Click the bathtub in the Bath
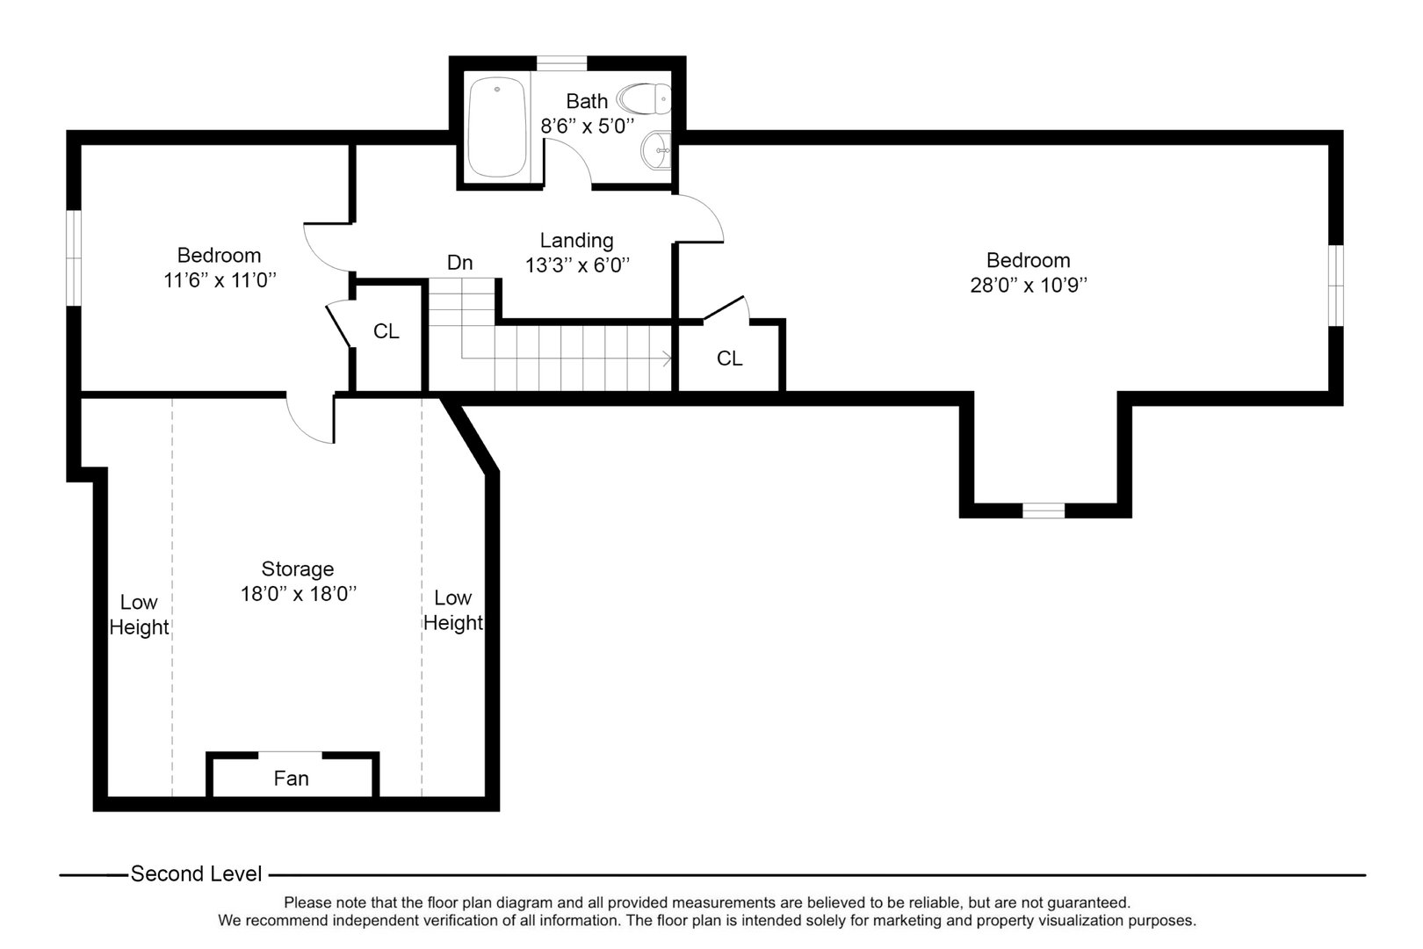coord(497,127)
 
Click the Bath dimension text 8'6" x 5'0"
coord(587,126)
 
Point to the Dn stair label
coord(459,263)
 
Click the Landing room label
coord(576,240)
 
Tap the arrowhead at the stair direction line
coord(668,358)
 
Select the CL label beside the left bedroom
coord(386,331)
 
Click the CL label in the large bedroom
coord(729,359)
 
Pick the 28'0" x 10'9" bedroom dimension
coord(1028,285)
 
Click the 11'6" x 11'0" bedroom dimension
coord(219,280)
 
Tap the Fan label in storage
coord(291,779)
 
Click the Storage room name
coord(297,569)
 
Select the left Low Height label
coord(139,614)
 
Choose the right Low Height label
coord(452,610)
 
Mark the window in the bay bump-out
coord(1043,510)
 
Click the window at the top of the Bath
coord(561,62)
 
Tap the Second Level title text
coord(196,873)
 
